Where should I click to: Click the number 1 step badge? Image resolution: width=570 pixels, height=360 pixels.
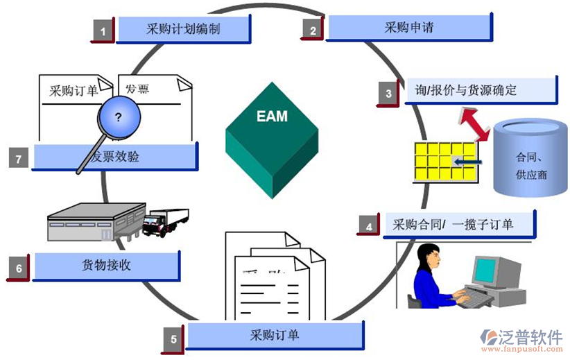tap(103, 31)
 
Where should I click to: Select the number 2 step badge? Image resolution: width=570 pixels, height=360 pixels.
tap(313, 31)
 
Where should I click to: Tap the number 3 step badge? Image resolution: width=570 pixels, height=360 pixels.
tap(388, 94)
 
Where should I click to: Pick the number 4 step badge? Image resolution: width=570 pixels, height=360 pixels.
tap(369, 226)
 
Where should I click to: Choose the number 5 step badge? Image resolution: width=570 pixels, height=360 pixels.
tap(174, 339)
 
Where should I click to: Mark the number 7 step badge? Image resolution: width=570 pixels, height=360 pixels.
tap(19, 159)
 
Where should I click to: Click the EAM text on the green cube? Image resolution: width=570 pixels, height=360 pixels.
tap(272, 116)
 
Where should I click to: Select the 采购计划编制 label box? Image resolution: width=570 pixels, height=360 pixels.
tap(183, 29)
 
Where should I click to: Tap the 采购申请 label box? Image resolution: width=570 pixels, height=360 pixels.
tap(409, 28)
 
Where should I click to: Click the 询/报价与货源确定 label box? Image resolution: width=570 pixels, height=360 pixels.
tap(481, 90)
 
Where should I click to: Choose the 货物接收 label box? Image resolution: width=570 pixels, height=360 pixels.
tap(106, 265)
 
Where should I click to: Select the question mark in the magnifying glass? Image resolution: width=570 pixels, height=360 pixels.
tap(119, 117)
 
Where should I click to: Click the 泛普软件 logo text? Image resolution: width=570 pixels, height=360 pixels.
tap(531, 337)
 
